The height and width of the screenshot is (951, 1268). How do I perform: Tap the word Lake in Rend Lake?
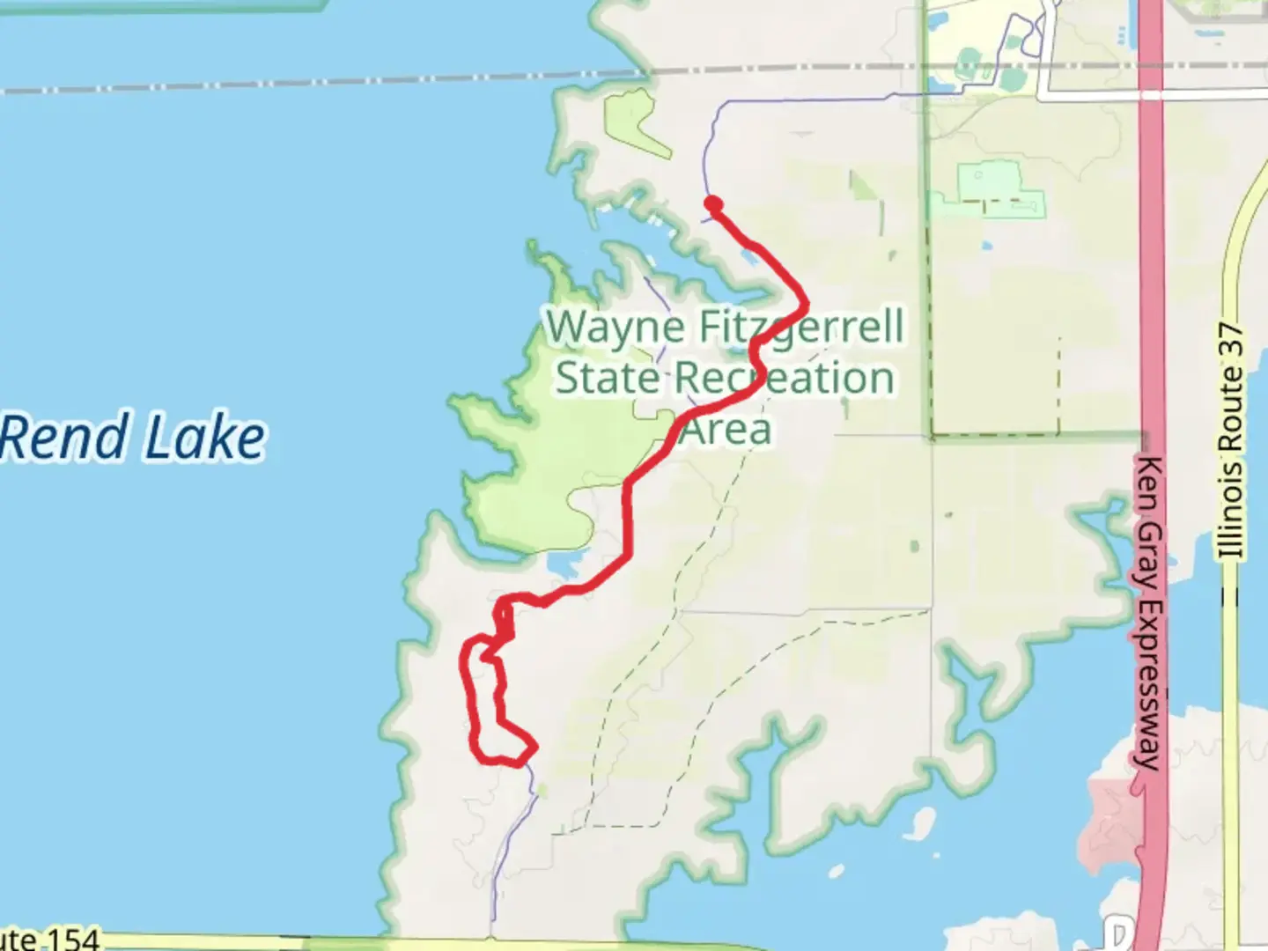pyautogui.click(x=204, y=438)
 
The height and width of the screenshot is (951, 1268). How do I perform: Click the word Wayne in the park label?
pyautogui.click(x=616, y=328)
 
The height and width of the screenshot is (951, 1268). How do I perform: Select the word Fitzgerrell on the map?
pyautogui.click(x=801, y=328)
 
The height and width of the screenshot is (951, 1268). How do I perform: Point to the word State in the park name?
pyautogui.click(x=608, y=379)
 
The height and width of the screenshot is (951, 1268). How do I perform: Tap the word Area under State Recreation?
pyautogui.click(x=727, y=430)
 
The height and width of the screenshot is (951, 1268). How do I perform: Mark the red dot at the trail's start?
pyautogui.click(x=713, y=204)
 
